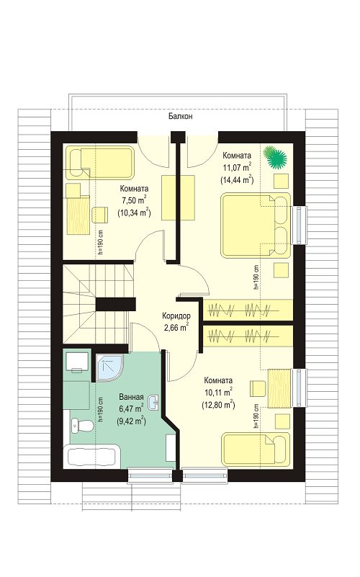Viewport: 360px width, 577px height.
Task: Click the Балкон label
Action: tap(181, 117)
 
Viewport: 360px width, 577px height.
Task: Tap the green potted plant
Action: tap(275, 157)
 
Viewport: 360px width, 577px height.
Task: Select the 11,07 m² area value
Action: tap(237, 167)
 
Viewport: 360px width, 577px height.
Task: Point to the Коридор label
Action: tap(176, 316)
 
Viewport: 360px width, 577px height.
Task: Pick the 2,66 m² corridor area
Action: tap(176, 326)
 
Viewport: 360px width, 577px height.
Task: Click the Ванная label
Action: tap(131, 397)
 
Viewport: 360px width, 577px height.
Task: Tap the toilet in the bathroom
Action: tap(81, 426)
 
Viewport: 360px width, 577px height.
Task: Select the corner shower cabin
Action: tap(109, 368)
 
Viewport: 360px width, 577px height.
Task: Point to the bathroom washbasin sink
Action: tap(154, 402)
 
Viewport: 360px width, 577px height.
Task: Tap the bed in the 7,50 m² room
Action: tap(99, 162)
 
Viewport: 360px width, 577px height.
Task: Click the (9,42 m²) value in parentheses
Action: tap(131, 420)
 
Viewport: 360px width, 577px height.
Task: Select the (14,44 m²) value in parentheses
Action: tap(237, 179)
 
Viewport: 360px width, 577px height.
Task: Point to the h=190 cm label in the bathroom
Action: tap(101, 408)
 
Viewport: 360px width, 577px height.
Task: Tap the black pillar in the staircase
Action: tap(112, 304)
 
